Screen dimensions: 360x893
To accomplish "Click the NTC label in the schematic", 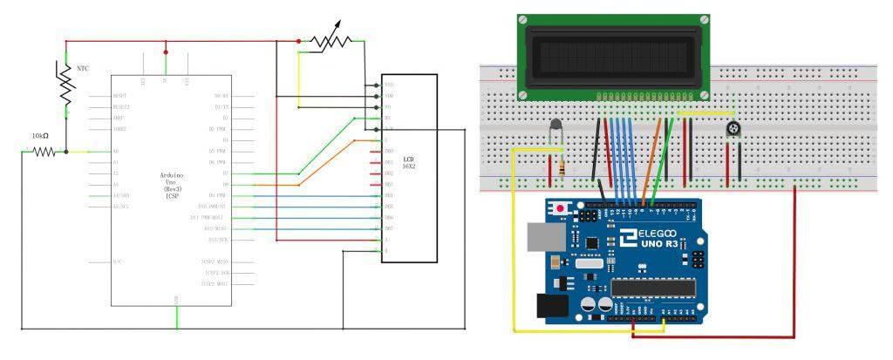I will pos(83,67).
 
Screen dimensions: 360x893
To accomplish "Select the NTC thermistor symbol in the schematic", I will pos(65,83).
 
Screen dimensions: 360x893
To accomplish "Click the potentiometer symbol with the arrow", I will pos(331,40).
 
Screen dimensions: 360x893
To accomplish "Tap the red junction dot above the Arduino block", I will pos(166,52).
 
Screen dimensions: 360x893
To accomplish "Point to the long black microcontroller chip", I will pos(653,287).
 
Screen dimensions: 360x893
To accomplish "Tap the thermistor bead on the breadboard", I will pos(555,130).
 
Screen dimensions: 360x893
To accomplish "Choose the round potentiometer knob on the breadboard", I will pos(733,130).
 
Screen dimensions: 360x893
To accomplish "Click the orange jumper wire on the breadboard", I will pos(651,157).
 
